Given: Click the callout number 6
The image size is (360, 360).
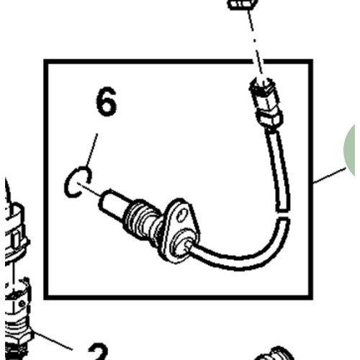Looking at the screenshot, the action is click(x=107, y=102).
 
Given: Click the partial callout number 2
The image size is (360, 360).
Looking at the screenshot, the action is click(x=98, y=351).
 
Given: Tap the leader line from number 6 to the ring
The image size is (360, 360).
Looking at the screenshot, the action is click(x=92, y=150).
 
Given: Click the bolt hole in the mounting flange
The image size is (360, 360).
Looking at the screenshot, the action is click(x=182, y=215).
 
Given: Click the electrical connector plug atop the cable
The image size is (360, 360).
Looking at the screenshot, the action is click(x=266, y=103).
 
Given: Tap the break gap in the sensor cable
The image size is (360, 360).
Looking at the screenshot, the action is click(x=283, y=215).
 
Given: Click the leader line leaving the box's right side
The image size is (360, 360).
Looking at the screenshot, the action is click(x=329, y=176).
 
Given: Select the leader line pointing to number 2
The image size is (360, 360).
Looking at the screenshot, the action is click(x=52, y=341).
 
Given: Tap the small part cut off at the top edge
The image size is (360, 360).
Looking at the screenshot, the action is click(x=243, y=4).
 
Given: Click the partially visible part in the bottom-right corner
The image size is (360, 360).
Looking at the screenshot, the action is click(x=274, y=354).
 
